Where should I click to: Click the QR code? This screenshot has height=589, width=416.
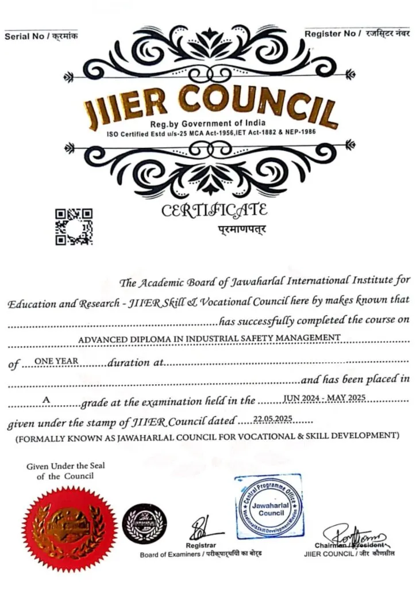click(74, 227)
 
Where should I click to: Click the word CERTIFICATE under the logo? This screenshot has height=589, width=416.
click(214, 211)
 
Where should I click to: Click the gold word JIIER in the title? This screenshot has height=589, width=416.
click(127, 106)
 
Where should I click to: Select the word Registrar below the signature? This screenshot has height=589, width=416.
click(201, 545)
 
